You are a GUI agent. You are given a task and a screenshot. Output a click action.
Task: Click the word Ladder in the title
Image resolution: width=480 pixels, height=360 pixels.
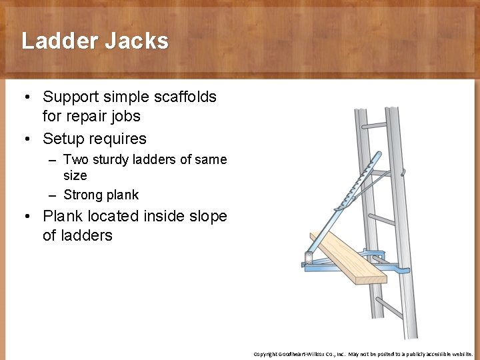58,41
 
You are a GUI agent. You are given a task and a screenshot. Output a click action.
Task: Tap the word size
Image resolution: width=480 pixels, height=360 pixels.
75,176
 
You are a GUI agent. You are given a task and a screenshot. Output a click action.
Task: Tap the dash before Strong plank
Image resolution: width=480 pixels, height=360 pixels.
53,195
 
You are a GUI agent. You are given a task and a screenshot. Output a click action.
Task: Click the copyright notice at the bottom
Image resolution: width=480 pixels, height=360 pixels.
363,354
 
